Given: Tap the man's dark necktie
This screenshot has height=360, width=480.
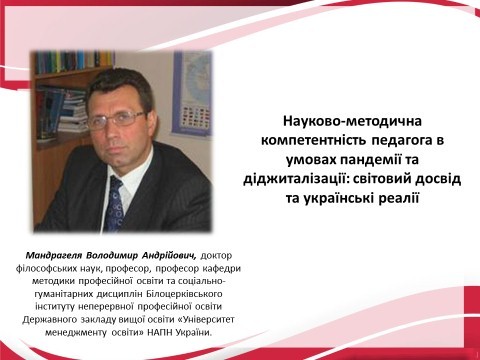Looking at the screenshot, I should pos(116,201).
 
